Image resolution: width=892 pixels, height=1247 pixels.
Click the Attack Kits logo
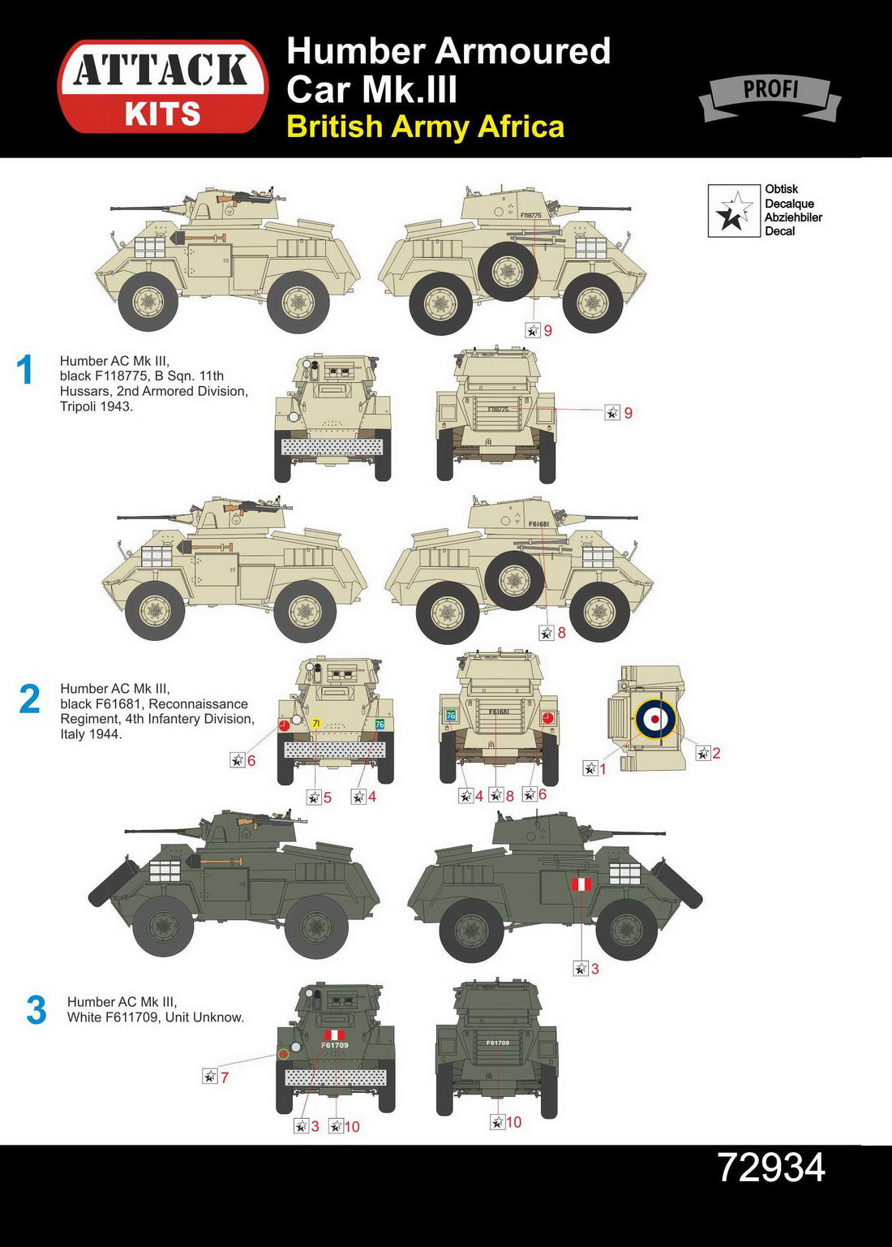coord(162,87)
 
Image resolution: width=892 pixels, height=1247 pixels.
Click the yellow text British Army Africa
coord(425,127)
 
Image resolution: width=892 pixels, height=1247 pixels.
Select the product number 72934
coord(771,1167)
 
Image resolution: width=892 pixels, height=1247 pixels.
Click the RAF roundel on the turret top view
coord(655,719)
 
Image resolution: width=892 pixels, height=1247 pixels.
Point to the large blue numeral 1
coord(25,370)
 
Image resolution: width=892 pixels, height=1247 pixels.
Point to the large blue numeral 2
coord(29,699)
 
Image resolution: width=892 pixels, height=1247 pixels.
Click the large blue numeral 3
coord(36,1011)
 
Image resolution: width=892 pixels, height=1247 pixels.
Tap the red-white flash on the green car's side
coord(581,884)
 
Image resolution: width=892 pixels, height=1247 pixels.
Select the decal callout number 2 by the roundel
coord(716,753)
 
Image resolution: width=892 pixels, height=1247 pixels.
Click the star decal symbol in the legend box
coord(734,211)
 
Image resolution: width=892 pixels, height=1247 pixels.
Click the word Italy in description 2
coord(75,734)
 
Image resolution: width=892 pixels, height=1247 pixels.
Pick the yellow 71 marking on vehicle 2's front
coord(315,723)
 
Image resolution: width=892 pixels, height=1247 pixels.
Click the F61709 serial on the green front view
coord(335,1045)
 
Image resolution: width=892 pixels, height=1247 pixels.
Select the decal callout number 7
coord(225,1077)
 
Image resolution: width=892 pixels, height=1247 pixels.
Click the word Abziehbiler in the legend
coord(793,217)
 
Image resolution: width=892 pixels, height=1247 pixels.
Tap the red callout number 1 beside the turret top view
coord(603,769)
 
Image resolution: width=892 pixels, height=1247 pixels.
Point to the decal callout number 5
coord(328,798)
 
